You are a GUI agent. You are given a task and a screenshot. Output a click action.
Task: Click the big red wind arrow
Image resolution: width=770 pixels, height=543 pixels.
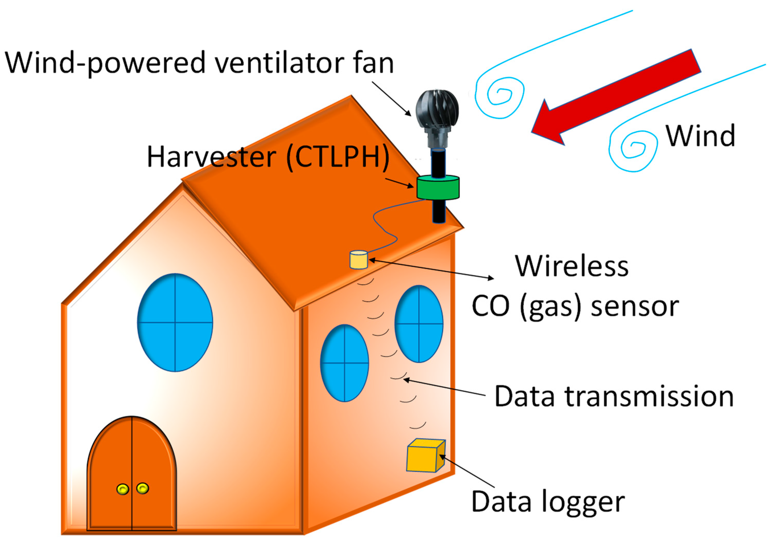(x=617, y=97)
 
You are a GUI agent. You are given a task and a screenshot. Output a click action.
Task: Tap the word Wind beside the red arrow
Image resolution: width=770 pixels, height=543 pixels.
(x=700, y=136)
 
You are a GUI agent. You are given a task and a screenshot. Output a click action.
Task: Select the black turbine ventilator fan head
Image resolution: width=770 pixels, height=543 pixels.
(x=437, y=107)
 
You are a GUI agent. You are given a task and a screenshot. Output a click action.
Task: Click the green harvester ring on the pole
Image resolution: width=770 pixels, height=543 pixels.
(x=438, y=188)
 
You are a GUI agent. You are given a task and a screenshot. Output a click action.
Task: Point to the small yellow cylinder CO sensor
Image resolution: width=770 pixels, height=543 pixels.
(x=358, y=260)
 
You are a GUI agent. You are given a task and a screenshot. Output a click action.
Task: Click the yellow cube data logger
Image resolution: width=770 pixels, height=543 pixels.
(x=425, y=456)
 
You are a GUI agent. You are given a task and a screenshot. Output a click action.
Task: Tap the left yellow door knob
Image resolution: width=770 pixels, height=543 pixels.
(x=122, y=489)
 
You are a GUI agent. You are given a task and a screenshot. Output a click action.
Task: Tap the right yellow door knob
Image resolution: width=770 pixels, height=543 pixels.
(x=143, y=488)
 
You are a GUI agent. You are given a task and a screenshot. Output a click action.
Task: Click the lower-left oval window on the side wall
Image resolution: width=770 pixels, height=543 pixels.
(x=345, y=363)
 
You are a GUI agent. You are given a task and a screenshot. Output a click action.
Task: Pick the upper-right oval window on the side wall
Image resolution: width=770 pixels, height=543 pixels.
(x=419, y=324)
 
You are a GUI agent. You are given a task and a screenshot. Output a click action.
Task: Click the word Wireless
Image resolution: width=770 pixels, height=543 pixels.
(x=571, y=266)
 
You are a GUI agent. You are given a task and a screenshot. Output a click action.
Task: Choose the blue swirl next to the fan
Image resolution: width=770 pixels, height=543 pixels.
(x=500, y=94)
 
